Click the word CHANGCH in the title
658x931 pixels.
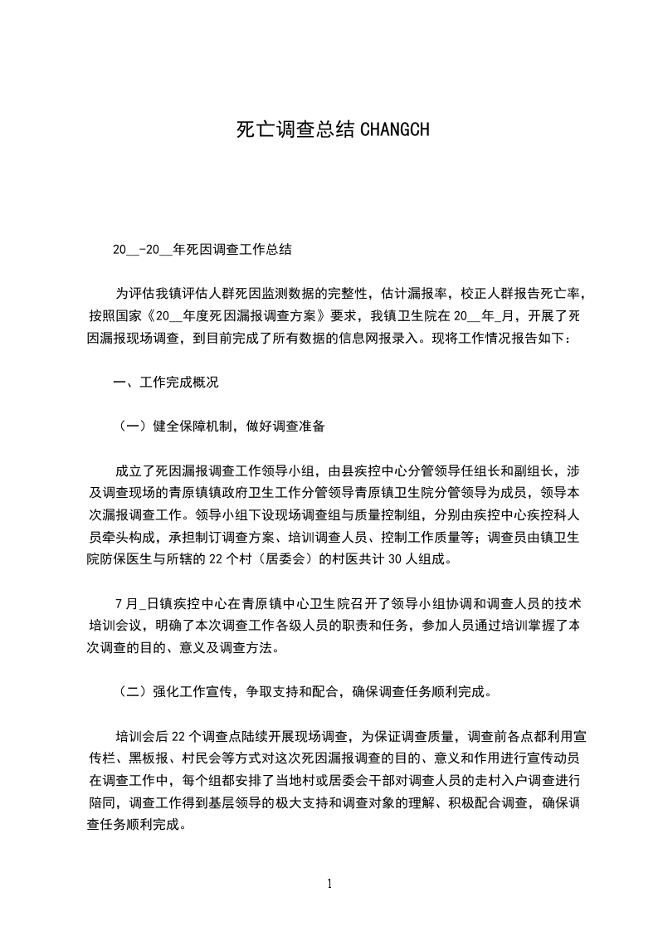tap(395, 129)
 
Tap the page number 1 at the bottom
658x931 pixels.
tap(329, 883)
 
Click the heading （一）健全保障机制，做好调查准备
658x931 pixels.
tap(219, 427)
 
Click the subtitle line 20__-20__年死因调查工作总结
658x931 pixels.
tap(202, 249)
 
